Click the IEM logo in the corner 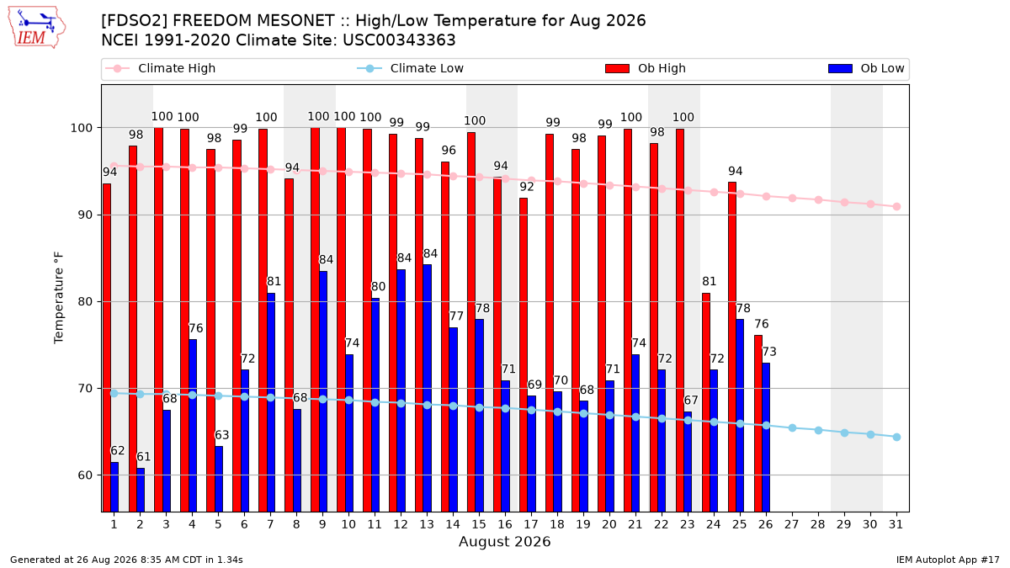pyautogui.click(x=36, y=28)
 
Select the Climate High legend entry pyautogui.click(x=160, y=68)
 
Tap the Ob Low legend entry pyautogui.click(x=866, y=68)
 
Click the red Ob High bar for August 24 pyautogui.click(x=706, y=402)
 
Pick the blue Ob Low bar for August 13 pyautogui.click(x=427, y=388)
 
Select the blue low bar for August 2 pyautogui.click(x=141, y=490)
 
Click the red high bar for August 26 pyautogui.click(x=758, y=424)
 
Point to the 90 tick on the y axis pyautogui.click(x=85, y=215)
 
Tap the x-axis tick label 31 pyautogui.click(x=896, y=525)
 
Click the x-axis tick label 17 pyautogui.click(x=531, y=525)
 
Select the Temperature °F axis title pyautogui.click(x=59, y=298)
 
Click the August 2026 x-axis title pyautogui.click(x=504, y=541)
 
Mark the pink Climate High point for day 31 pyautogui.click(x=896, y=206)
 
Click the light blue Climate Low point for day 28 pyautogui.click(x=818, y=431)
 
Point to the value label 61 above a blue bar pyautogui.click(x=143, y=457)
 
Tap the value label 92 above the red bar pyautogui.click(x=527, y=187)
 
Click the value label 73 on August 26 pyautogui.click(x=769, y=352)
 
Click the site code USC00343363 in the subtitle pyautogui.click(x=399, y=40)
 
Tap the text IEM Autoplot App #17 pyautogui.click(x=948, y=560)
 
